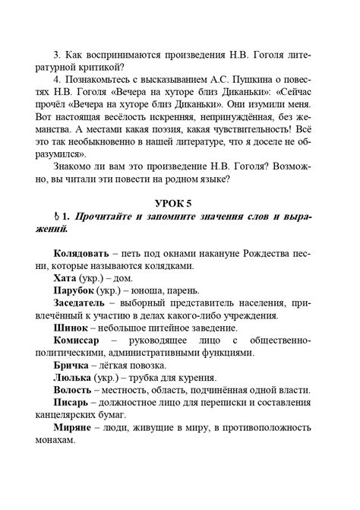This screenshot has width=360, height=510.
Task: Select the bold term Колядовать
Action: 84,250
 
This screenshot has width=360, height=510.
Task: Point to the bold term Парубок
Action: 78,291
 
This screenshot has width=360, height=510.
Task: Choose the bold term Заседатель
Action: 84,303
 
